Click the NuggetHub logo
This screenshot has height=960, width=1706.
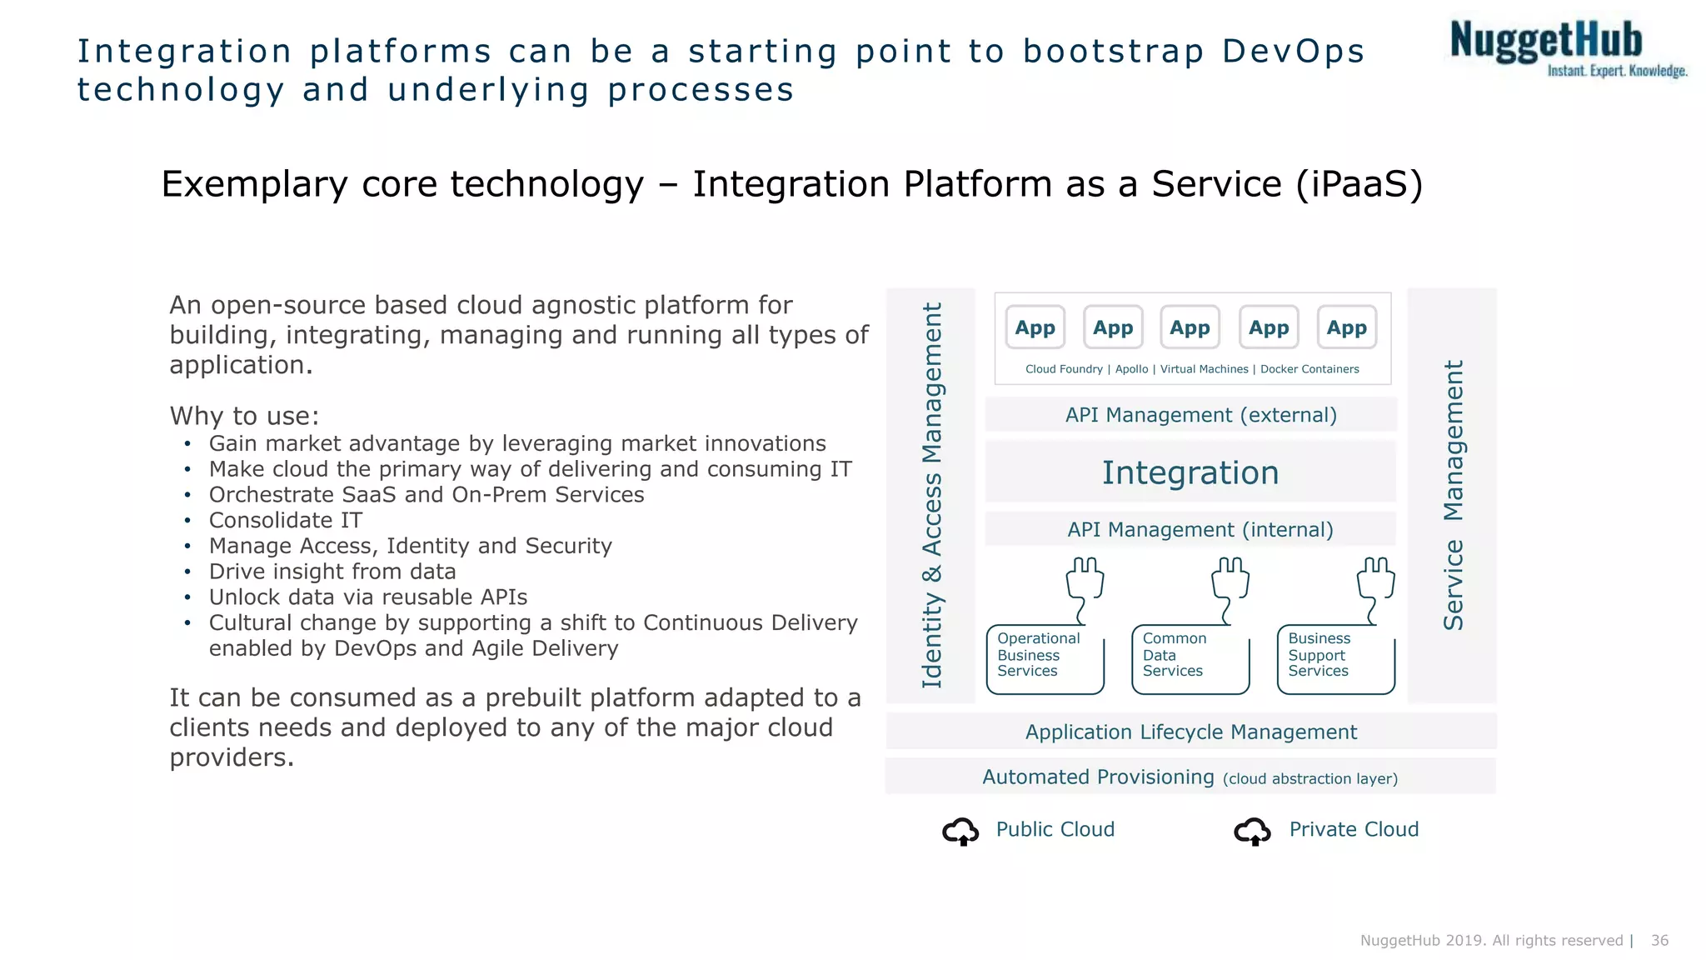pos(1566,48)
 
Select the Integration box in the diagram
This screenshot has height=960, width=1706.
pos(1190,472)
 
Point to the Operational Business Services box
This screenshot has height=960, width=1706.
pos(1044,658)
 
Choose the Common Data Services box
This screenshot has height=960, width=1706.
pos(1190,658)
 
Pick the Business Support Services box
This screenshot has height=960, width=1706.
pos(1335,658)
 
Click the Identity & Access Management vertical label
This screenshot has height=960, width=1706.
pos(932,495)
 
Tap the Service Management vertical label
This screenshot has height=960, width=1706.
pos(1453,495)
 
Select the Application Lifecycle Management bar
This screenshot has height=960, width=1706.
pos(1190,732)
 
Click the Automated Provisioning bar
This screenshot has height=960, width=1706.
pos(1190,777)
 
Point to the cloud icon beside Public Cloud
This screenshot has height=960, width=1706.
pos(960,831)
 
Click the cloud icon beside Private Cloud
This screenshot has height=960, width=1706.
pos(1252,831)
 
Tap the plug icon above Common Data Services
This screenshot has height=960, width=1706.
pos(1230,583)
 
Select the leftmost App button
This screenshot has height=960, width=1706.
pos(1035,327)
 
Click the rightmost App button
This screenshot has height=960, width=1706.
pos(1346,327)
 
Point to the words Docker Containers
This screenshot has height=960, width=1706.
pos(1309,369)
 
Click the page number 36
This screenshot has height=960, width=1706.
pos(1659,940)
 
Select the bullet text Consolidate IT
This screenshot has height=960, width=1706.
pos(286,520)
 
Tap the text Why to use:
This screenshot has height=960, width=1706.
pos(244,415)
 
